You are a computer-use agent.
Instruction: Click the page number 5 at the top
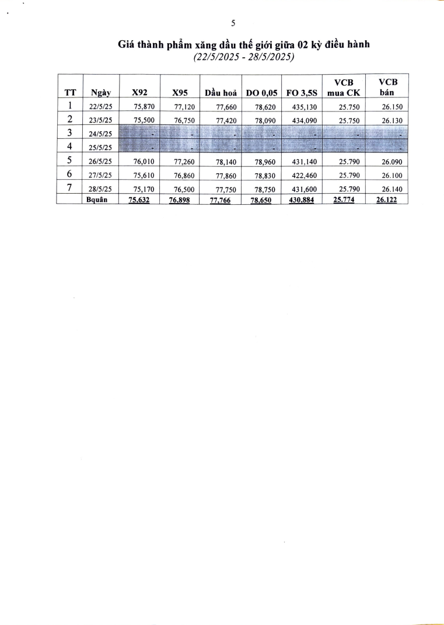click(233, 24)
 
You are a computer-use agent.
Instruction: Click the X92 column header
click(139, 92)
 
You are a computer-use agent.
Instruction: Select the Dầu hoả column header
click(220, 92)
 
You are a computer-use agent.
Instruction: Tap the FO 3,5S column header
click(301, 92)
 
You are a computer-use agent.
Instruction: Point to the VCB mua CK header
click(343, 88)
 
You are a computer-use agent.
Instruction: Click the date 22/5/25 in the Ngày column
click(100, 107)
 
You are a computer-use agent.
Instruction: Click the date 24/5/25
click(100, 134)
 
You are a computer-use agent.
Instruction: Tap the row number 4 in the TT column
click(69, 146)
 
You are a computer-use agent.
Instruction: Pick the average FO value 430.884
click(302, 200)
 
